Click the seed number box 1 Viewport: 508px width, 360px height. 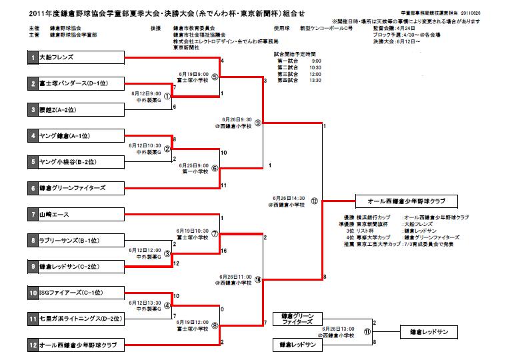pos(33,59)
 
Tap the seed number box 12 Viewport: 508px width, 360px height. pos(33,345)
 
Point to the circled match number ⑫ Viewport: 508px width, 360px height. pos(315,200)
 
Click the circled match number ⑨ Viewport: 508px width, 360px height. pos(257,123)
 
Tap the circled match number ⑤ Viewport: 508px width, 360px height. pos(215,77)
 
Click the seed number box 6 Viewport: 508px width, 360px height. pos(33,187)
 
